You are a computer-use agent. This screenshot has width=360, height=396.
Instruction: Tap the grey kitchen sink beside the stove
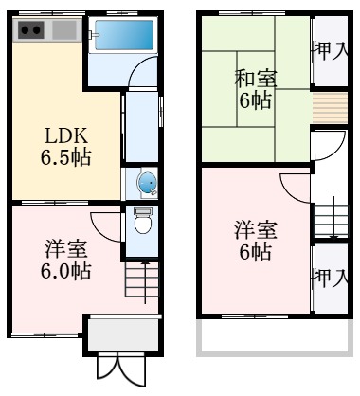click(x=63, y=30)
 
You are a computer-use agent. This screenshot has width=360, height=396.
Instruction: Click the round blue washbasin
click(x=147, y=182)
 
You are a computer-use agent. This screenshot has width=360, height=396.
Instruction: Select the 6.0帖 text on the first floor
click(x=66, y=272)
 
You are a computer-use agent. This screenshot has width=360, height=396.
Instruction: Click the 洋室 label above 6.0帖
click(x=66, y=249)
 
